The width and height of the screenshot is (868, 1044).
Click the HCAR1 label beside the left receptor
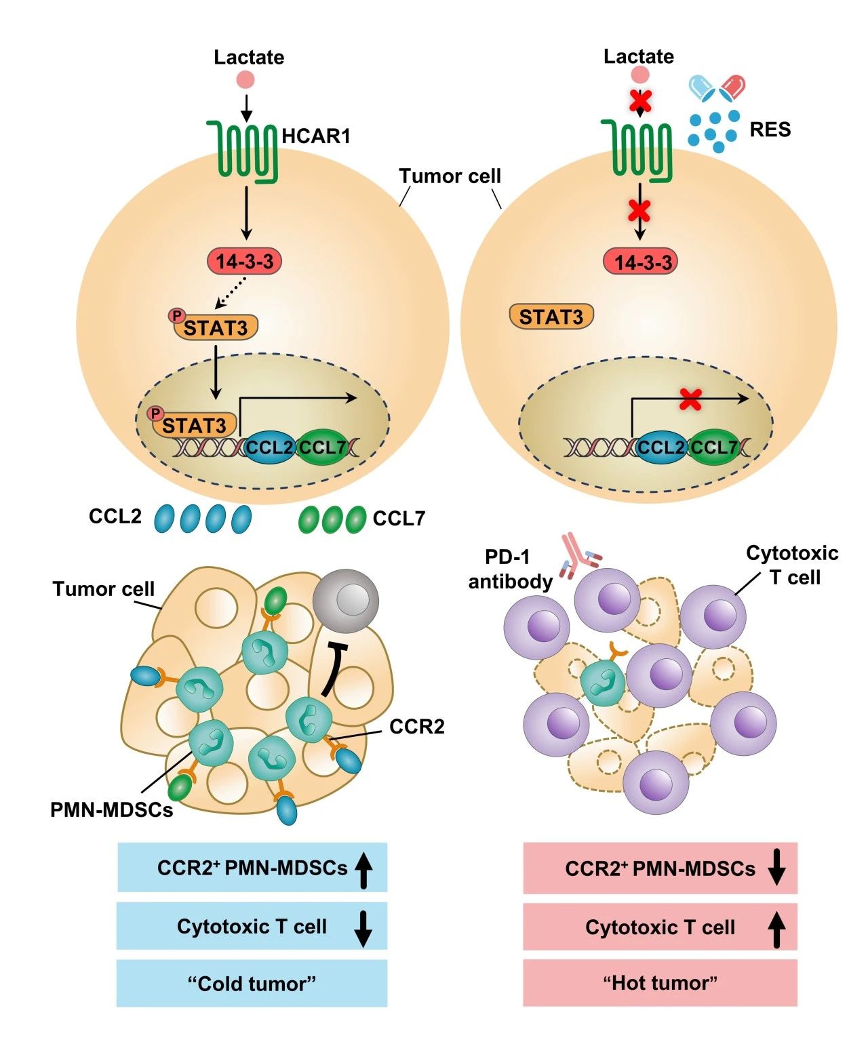pyautogui.click(x=316, y=136)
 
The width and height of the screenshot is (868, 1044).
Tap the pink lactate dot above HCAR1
pyautogui.click(x=245, y=80)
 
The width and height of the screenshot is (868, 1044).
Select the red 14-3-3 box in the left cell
pyautogui.click(x=244, y=261)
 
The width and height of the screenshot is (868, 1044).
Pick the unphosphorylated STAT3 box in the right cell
pyautogui.click(x=551, y=317)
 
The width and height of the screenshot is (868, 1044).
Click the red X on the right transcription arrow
pyautogui.click(x=690, y=399)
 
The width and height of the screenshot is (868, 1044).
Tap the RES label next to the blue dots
pyautogui.click(x=770, y=129)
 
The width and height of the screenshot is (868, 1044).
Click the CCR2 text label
pyautogui.click(x=416, y=727)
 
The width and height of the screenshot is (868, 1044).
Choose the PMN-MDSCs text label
pyautogui.click(x=112, y=809)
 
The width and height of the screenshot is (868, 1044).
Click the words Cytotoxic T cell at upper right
pyautogui.click(x=792, y=565)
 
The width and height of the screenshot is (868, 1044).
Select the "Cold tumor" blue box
pyautogui.click(x=252, y=983)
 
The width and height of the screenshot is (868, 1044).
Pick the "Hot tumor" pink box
pyautogui.click(x=660, y=983)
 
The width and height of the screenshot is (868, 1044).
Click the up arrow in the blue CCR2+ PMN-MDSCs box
pyautogui.click(x=364, y=870)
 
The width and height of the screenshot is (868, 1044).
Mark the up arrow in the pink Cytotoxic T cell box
pyautogui.click(x=776, y=929)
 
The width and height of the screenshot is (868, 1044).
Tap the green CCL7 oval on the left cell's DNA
pyautogui.click(x=323, y=447)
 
